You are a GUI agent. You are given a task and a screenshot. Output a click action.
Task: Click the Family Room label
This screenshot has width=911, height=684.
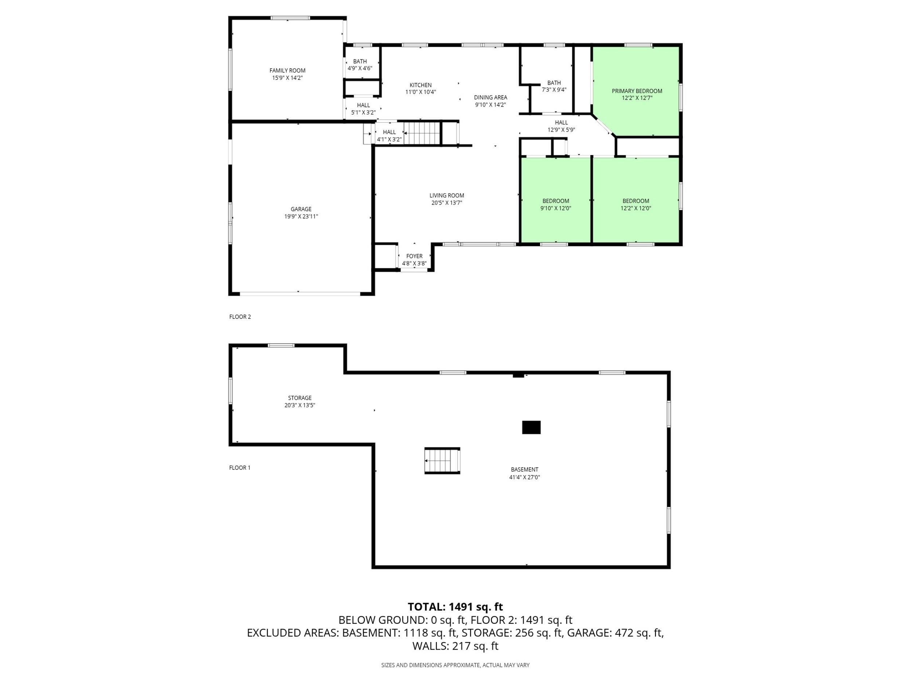point(288,70)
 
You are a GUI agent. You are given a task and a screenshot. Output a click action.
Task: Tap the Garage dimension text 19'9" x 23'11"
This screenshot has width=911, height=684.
point(301,216)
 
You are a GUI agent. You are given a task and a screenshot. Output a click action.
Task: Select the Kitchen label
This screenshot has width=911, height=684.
point(421,85)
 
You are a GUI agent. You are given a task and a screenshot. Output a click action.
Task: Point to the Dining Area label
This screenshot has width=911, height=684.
point(490,98)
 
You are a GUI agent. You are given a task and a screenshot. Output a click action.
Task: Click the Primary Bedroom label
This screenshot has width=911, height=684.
point(637,91)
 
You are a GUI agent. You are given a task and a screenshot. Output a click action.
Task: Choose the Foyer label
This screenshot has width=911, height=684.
point(414,256)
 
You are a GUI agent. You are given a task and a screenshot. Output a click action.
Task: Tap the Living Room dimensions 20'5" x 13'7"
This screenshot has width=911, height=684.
point(447,203)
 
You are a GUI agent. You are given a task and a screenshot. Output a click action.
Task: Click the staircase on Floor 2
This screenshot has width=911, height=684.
point(422,133)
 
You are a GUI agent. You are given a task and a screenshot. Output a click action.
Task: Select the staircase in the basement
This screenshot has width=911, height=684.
point(442,460)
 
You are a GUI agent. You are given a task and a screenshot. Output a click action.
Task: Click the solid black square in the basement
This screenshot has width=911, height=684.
point(531,427)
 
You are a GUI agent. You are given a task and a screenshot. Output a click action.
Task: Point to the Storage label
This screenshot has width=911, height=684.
point(300,398)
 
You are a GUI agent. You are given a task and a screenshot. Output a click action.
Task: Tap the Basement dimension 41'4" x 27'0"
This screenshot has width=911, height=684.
point(525,477)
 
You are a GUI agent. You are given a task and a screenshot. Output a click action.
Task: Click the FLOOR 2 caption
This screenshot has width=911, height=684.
point(240,317)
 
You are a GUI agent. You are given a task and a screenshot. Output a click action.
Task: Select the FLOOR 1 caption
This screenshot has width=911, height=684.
point(240,468)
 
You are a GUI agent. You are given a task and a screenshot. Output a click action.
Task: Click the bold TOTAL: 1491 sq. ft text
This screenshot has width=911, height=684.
point(455,607)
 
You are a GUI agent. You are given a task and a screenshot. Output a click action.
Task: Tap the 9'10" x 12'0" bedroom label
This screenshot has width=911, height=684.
point(556,208)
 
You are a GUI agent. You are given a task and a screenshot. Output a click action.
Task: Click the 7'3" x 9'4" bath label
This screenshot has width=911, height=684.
point(554,90)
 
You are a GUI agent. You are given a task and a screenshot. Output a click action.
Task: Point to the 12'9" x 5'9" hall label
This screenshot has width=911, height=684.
point(561,130)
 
